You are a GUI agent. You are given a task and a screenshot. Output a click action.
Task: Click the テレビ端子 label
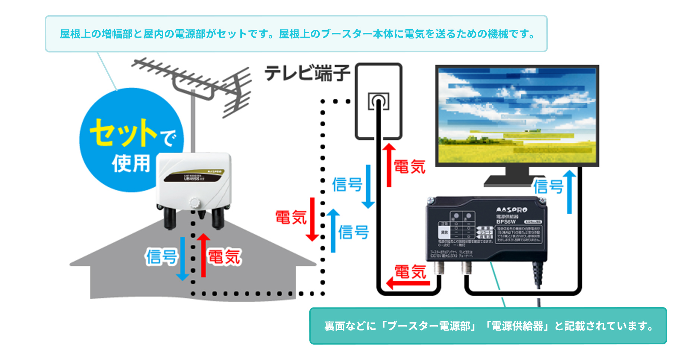(x=307, y=73)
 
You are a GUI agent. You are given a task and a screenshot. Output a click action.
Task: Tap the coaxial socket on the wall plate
(x=379, y=101)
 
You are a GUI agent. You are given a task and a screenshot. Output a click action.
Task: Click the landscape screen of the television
(x=517, y=116)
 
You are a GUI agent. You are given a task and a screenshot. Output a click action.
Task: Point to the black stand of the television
(x=517, y=177)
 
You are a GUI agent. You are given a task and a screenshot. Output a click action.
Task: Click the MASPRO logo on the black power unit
(x=511, y=210)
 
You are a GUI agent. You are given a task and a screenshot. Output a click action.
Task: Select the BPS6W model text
(x=506, y=222)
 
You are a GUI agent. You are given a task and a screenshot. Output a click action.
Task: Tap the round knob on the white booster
(x=195, y=202)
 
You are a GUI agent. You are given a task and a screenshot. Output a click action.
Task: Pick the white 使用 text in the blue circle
(x=131, y=163)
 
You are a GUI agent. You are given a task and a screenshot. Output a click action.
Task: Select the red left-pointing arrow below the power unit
(x=408, y=283)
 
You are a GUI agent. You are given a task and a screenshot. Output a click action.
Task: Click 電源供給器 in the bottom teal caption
(x=517, y=326)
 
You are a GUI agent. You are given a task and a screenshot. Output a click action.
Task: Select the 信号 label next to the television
(x=548, y=186)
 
